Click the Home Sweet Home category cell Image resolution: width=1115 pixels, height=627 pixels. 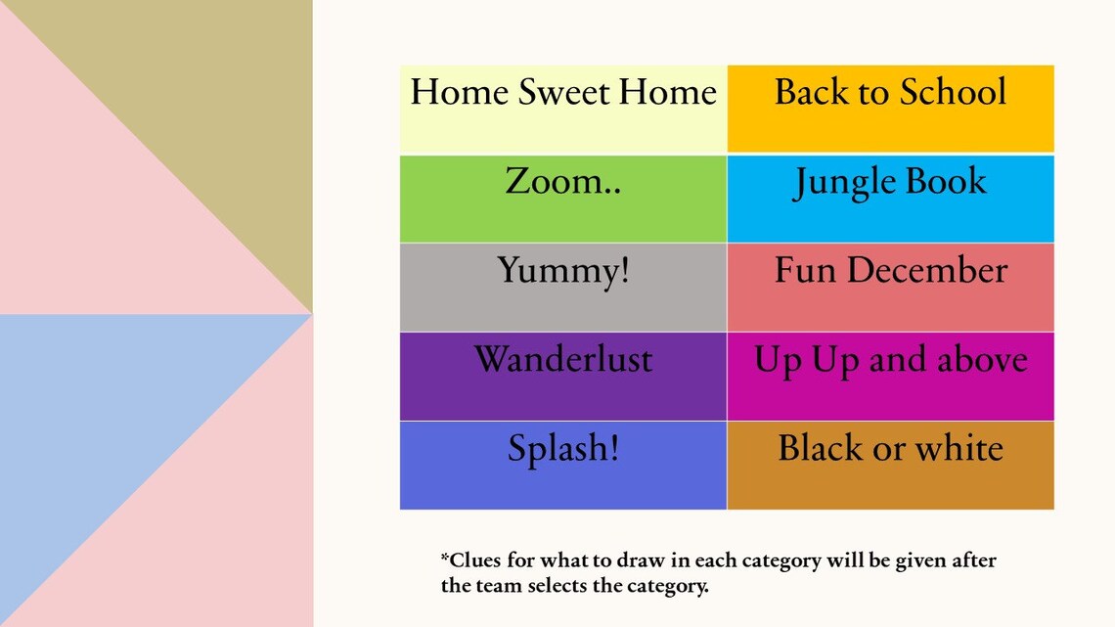point(562,109)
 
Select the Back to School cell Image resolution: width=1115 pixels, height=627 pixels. point(890,109)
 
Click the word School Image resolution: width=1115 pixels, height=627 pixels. point(953,93)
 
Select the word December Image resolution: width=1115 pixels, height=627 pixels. point(926,271)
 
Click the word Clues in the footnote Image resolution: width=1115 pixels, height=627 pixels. point(474,561)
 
